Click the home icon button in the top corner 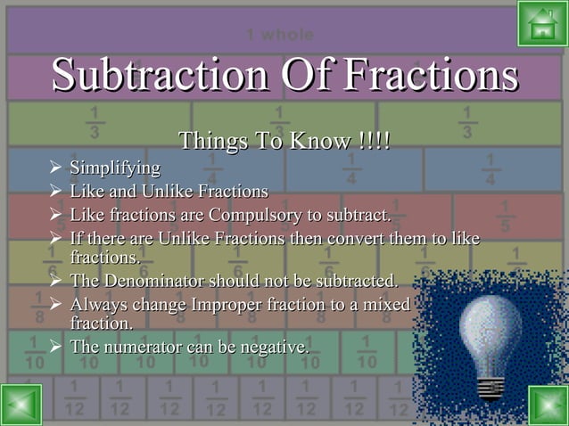(541, 23)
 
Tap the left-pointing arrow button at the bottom (21, 404)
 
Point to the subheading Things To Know (284, 142)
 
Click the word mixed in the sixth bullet (386, 306)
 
